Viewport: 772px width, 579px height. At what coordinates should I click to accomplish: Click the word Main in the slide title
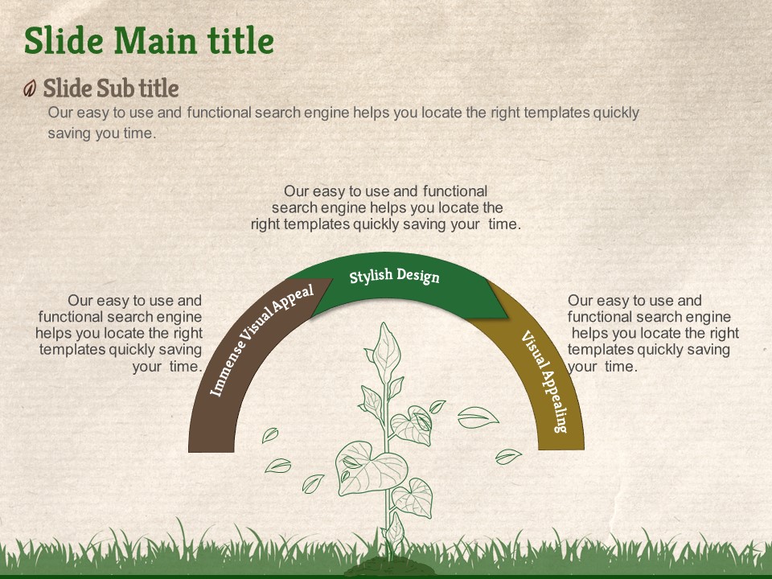155,40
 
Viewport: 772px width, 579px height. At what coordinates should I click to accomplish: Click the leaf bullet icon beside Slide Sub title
30,88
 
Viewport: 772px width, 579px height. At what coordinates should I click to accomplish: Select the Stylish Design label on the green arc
394,276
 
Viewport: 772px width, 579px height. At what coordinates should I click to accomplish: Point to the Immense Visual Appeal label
261,339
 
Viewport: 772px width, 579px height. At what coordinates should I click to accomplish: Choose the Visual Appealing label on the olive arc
544,381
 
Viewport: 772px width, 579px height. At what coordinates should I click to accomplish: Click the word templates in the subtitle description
556,113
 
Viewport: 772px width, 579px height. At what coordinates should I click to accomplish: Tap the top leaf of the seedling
386,351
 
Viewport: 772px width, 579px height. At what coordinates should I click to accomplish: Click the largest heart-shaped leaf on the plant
370,468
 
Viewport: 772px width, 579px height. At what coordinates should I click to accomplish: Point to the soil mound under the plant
389,567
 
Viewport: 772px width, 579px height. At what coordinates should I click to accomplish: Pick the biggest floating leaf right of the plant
478,417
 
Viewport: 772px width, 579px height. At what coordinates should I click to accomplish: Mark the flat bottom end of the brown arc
211,451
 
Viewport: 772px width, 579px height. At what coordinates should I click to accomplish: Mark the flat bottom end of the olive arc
561,449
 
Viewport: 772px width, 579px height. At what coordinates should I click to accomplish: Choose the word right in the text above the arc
265,224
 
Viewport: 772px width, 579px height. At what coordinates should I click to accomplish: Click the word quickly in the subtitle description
616,113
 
